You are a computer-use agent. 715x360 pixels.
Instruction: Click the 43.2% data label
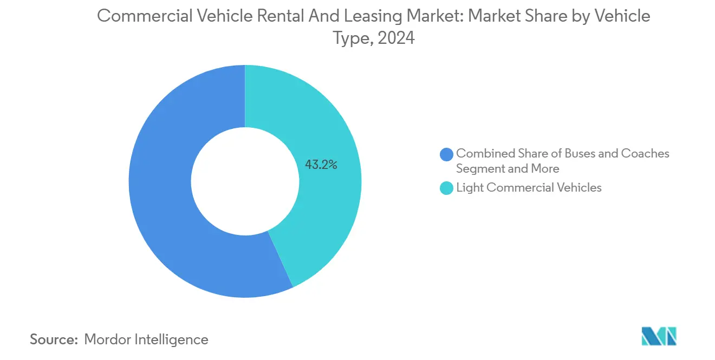(x=321, y=165)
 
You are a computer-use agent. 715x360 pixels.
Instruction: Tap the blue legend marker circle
(x=446, y=154)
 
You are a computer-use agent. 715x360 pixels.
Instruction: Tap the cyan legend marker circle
(x=446, y=188)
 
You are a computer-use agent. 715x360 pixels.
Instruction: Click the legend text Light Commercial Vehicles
(x=529, y=188)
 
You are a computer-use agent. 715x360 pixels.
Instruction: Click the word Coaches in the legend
(x=645, y=154)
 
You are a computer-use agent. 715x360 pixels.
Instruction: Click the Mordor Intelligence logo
(x=659, y=336)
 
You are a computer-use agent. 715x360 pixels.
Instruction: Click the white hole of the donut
(x=245, y=181)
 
